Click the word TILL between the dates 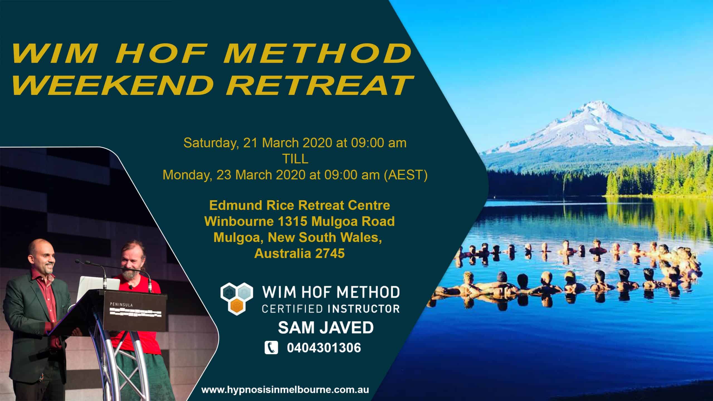pos(295,159)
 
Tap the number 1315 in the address pos(293,222)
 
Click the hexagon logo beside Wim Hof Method pos(237,297)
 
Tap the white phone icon pos(271,348)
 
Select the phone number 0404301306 pos(324,348)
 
